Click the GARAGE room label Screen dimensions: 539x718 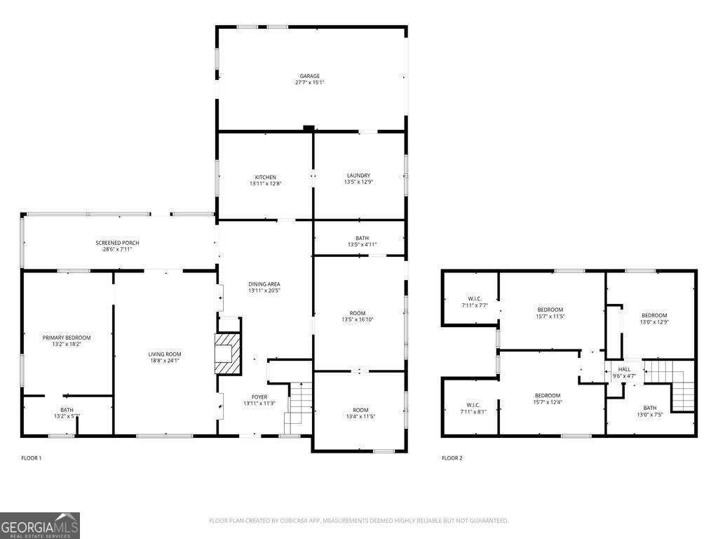pyautogui.click(x=309, y=76)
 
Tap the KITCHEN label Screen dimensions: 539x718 pyautogui.click(x=265, y=176)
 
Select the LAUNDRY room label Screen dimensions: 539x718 pyautogui.click(x=358, y=175)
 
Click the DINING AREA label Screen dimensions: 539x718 pyautogui.click(x=264, y=284)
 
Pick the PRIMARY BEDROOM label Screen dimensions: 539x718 pyautogui.click(x=67, y=338)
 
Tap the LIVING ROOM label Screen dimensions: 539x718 pyautogui.click(x=165, y=354)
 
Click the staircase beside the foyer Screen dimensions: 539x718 pyautogui.click(x=298, y=407)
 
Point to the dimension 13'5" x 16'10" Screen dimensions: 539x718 pyautogui.click(x=358, y=320)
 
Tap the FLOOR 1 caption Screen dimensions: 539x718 pyautogui.click(x=32, y=458)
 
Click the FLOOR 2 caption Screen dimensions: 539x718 pyautogui.click(x=452, y=458)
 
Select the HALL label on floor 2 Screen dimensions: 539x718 pyautogui.click(x=624, y=369)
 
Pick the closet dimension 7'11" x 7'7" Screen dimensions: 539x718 pyautogui.click(x=475, y=305)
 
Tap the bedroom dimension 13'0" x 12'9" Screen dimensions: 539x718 pyautogui.click(x=653, y=322)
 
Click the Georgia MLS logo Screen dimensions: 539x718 pyautogui.click(x=40, y=526)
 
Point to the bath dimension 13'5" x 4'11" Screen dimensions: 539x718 pyautogui.click(x=362, y=245)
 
